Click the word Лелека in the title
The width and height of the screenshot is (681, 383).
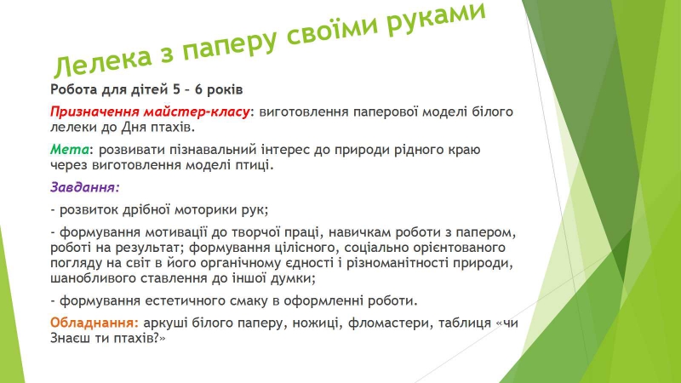tap(102, 60)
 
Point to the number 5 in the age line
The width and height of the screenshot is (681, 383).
tap(176, 89)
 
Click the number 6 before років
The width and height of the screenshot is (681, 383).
tap(198, 89)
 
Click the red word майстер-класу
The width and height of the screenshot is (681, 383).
tap(197, 112)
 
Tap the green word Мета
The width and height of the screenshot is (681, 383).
tap(70, 150)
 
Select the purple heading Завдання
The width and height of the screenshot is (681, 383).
tap(84, 187)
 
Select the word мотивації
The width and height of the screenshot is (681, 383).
tap(176, 232)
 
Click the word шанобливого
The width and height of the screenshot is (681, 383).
tap(94, 278)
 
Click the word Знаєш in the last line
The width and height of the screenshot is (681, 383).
tap(71, 338)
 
